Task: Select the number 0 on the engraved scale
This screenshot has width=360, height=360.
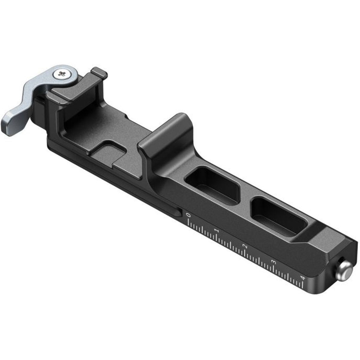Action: point(189,215)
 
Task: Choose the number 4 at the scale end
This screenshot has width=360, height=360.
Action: point(302,278)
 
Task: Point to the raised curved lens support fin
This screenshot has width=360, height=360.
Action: point(168,132)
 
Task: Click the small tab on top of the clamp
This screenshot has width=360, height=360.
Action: point(99,72)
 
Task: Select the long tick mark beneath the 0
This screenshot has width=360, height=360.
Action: point(188,223)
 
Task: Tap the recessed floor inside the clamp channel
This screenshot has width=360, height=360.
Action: point(90,126)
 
